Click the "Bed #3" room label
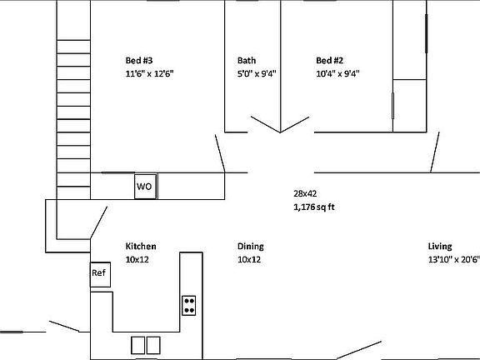(139, 60)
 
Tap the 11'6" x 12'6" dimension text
(150, 73)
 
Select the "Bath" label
(247, 60)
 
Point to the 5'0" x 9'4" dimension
(257, 73)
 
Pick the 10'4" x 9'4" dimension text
(337, 73)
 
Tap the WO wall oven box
(145, 186)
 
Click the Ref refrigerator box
(100, 273)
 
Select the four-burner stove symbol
(189, 306)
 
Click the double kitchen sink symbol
(147, 343)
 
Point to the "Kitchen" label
(141, 247)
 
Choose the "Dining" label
(251, 247)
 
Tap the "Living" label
(440, 247)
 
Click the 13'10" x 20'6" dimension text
(453, 260)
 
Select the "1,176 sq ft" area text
(313, 207)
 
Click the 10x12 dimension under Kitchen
(137, 260)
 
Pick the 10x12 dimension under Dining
(249, 260)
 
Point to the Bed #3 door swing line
(220, 152)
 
